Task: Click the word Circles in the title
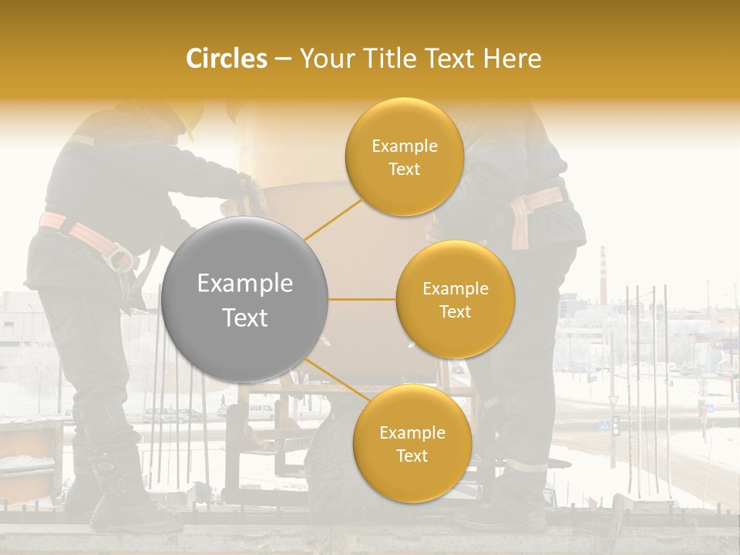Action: (x=226, y=59)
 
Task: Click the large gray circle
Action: (x=244, y=300)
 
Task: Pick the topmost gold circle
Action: (x=404, y=156)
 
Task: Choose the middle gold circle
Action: (x=455, y=299)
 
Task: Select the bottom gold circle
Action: (x=412, y=443)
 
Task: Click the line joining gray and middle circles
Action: (x=362, y=299)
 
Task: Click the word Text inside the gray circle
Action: (x=244, y=318)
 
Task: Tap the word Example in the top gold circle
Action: (x=404, y=146)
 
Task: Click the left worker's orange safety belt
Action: (x=77, y=231)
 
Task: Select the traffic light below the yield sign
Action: (x=615, y=425)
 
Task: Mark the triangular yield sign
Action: (x=614, y=401)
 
